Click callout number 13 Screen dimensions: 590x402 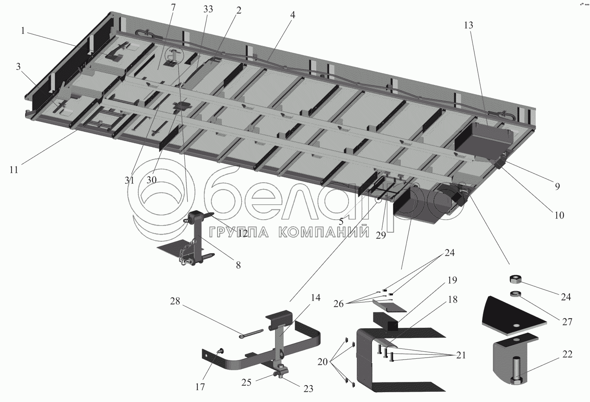pyautogui.click(x=468, y=26)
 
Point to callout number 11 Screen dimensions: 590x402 pyautogui.click(x=14, y=170)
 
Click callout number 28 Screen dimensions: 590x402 pyautogui.click(x=175, y=302)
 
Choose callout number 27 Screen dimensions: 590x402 pyautogui.click(x=566, y=321)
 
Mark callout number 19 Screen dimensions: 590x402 pyautogui.click(x=452, y=280)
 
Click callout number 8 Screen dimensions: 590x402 pyautogui.click(x=238, y=265)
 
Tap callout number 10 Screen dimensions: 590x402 pyautogui.click(x=559, y=215)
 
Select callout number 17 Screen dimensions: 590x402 pyautogui.click(x=200, y=387)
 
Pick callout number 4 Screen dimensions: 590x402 pyautogui.click(x=292, y=15)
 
